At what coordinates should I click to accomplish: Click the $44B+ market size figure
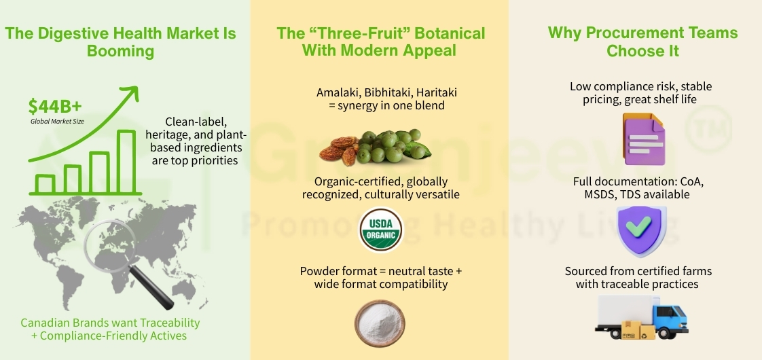coord(55,107)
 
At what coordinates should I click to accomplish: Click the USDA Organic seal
coord(380,230)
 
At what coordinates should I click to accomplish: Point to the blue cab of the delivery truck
coord(668,319)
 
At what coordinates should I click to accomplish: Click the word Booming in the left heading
coord(120,51)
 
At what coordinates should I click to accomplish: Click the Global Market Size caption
coord(58,121)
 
